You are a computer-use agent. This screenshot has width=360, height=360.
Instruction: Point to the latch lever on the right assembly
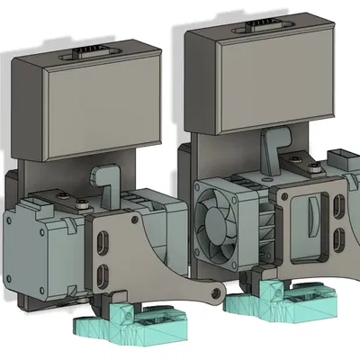tap(269, 148)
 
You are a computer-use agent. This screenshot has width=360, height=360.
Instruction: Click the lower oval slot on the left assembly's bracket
tap(103, 274)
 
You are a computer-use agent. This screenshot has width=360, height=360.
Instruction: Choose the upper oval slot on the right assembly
tap(337, 210)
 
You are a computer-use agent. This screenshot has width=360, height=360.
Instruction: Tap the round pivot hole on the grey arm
tap(215, 293)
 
